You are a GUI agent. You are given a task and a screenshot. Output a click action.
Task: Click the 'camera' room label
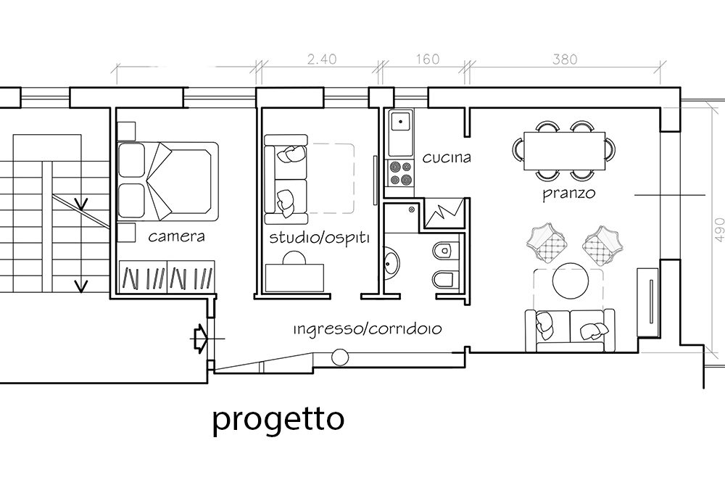176,237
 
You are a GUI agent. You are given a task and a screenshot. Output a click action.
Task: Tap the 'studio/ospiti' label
320,238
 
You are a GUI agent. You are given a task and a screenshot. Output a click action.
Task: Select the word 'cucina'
447,158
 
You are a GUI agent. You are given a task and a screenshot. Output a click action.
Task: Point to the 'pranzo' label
568,194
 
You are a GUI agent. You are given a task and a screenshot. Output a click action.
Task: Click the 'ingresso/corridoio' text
368,329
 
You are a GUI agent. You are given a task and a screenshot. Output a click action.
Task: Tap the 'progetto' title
278,420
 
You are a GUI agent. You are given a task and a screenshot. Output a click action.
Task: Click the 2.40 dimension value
322,59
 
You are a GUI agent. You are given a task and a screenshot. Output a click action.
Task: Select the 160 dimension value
428,59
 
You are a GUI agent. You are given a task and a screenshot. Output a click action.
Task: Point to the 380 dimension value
565,59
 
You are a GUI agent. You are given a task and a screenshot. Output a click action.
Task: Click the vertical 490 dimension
719,230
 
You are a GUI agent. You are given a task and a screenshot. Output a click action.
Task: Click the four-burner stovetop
400,173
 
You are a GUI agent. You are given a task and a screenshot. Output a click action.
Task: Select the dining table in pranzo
564,151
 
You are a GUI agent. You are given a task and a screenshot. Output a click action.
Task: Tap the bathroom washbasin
392,264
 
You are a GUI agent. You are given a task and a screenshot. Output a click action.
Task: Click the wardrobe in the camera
167,277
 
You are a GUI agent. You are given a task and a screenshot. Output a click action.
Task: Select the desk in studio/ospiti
294,278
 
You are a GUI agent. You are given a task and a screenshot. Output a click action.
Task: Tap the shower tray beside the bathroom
444,212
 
